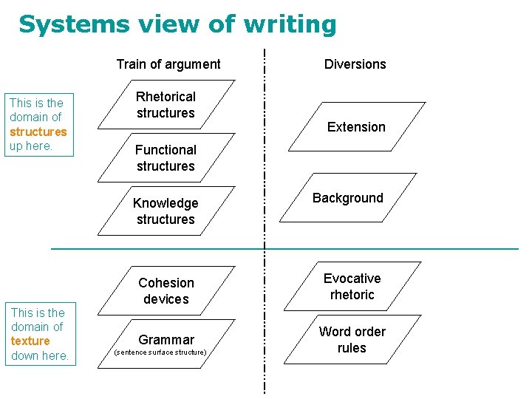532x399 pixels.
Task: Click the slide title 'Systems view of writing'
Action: (x=177, y=24)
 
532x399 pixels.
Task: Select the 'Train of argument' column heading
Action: (x=168, y=64)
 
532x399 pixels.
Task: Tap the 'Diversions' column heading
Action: (x=355, y=64)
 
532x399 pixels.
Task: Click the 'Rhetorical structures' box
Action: (x=166, y=105)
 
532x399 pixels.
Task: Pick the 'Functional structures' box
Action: (x=166, y=158)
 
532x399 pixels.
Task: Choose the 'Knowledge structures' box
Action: (x=166, y=211)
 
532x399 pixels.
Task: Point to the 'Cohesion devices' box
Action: (x=166, y=291)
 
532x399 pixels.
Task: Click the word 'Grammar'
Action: (x=166, y=340)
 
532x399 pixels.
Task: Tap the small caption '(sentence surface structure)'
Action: (x=160, y=352)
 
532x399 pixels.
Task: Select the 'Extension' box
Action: (x=356, y=127)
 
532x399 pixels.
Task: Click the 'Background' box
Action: (x=348, y=198)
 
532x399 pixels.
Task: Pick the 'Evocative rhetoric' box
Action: (x=352, y=287)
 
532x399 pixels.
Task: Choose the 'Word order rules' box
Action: (x=352, y=340)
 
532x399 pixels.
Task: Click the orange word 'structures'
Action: (x=38, y=132)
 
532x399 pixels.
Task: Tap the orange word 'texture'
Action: (x=31, y=341)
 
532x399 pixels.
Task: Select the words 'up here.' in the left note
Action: (x=31, y=146)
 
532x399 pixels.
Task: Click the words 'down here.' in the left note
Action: (x=40, y=356)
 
